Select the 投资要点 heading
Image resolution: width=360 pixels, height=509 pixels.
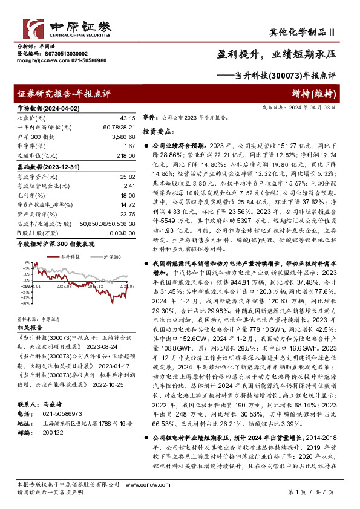pos(157,131)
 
